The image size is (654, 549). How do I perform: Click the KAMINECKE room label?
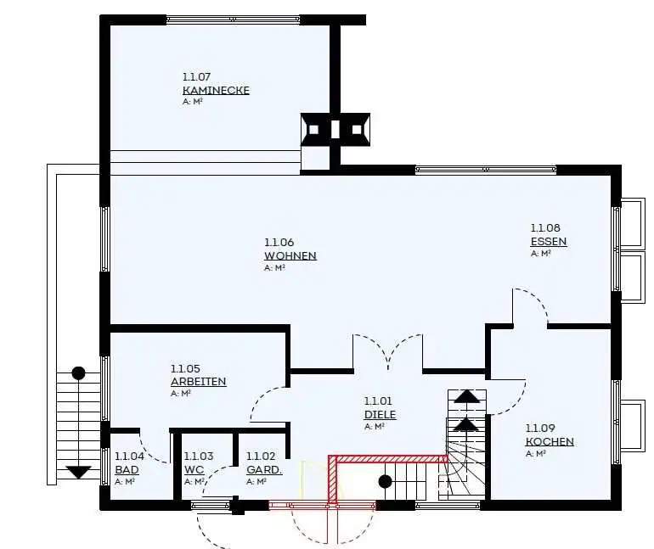pos(216,91)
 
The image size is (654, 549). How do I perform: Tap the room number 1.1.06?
pos(279,242)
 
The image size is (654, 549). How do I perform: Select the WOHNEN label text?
pos(290,255)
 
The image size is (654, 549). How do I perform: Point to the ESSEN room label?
pos(549,242)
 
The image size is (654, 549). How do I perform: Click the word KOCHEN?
pos(550,441)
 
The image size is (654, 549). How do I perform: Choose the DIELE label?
pos(380,414)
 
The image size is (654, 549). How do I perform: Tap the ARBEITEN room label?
pos(199,382)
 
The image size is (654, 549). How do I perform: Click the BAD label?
pos(127,469)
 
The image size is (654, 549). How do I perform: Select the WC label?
pos(194,469)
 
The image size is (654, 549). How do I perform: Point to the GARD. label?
pos(264,469)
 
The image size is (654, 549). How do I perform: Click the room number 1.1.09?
pos(539,429)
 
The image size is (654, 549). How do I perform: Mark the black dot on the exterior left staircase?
pos(78,373)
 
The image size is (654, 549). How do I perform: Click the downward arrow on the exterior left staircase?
pos(78,473)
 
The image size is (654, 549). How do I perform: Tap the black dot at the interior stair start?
pos(385,481)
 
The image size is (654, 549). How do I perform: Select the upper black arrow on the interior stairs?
pos(467,395)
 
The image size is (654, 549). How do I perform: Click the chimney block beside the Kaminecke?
pos(335,130)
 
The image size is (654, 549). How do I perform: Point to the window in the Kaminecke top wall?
pos(234,20)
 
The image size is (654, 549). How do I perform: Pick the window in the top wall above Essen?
pos(486,170)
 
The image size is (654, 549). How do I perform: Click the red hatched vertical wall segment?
pos(332,480)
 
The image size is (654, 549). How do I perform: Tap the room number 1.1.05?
pos(185,368)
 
